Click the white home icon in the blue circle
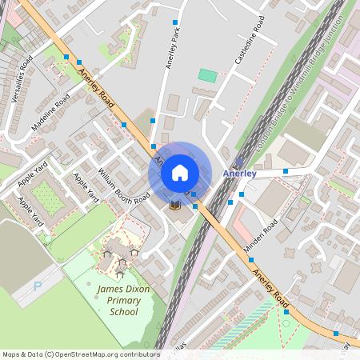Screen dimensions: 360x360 [x=180, y=172]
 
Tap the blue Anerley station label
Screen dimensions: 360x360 [x=240, y=173]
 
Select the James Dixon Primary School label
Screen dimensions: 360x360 [x=118, y=300]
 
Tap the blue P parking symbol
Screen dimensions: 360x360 [x=38, y=286]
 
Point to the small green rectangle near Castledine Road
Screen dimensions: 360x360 [x=207, y=75]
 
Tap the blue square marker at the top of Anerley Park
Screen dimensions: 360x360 [x=175, y=22]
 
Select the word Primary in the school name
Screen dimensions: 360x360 [x=118, y=300]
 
